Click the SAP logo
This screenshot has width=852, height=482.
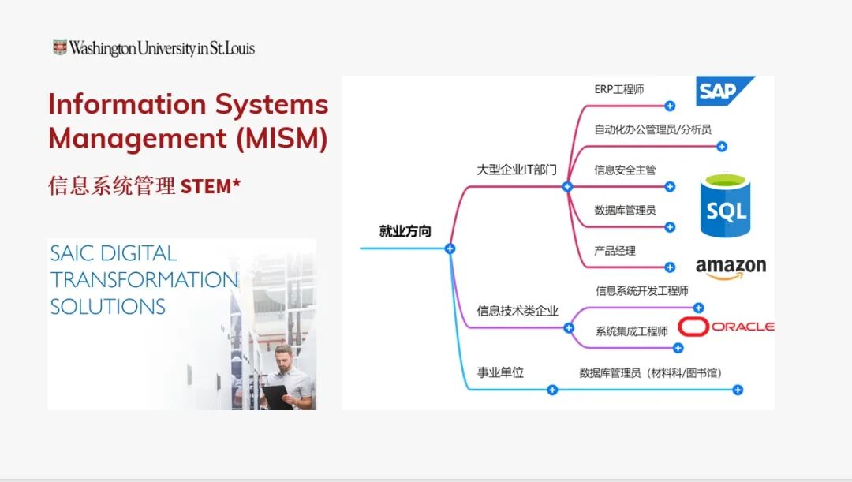click(x=724, y=91)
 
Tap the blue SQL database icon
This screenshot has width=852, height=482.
click(x=725, y=207)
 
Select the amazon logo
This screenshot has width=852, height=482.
click(x=731, y=268)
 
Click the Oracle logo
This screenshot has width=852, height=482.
click(x=727, y=327)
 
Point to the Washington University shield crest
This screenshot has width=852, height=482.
click(x=60, y=48)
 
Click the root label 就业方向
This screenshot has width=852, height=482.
click(x=405, y=231)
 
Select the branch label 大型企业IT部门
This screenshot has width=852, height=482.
click(x=517, y=169)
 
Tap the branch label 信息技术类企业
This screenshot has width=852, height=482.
click(x=518, y=311)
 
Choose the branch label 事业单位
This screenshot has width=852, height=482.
click(x=500, y=372)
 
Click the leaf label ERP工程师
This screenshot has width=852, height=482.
click(x=619, y=89)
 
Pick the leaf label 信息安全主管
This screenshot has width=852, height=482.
click(x=625, y=170)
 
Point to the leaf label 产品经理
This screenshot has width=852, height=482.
click(x=615, y=251)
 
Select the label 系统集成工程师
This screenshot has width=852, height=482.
click(x=631, y=331)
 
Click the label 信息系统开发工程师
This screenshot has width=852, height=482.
click(x=642, y=291)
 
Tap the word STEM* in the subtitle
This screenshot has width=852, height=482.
click(x=211, y=186)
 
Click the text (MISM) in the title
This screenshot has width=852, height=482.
click(x=282, y=138)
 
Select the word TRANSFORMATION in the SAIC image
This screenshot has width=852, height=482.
click(x=144, y=280)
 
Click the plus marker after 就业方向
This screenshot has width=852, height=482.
click(x=450, y=248)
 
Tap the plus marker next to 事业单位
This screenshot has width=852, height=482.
click(x=552, y=390)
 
